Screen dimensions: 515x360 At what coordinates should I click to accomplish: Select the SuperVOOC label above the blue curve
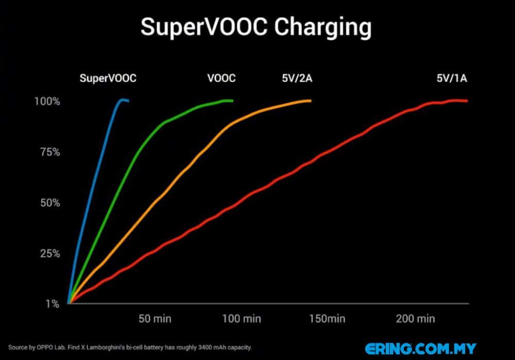(108, 78)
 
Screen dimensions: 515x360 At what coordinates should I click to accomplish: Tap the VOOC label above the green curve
(221, 78)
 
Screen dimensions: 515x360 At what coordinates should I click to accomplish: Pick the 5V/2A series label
(297, 78)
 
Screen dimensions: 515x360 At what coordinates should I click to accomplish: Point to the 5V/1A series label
(452, 78)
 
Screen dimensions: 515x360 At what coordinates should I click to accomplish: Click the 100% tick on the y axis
(47, 101)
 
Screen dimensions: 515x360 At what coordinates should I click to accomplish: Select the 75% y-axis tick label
(50, 152)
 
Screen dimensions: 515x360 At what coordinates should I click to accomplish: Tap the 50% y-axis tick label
(50, 203)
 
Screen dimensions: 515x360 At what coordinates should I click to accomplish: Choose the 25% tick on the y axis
(50, 253)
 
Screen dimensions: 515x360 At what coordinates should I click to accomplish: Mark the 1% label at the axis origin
(53, 304)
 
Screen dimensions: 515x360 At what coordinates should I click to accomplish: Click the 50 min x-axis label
(155, 319)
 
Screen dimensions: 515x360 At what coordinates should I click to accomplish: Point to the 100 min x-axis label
(242, 319)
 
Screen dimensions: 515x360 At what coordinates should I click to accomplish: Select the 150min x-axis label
(327, 319)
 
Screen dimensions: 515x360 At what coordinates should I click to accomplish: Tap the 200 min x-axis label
(416, 319)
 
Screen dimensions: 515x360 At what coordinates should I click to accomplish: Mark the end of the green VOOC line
(232, 100)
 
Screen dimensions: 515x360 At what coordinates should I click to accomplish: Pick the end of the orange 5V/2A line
(310, 101)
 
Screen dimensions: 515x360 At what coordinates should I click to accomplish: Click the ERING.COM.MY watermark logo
(421, 349)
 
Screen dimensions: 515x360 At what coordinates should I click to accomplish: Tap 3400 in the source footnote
(204, 348)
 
